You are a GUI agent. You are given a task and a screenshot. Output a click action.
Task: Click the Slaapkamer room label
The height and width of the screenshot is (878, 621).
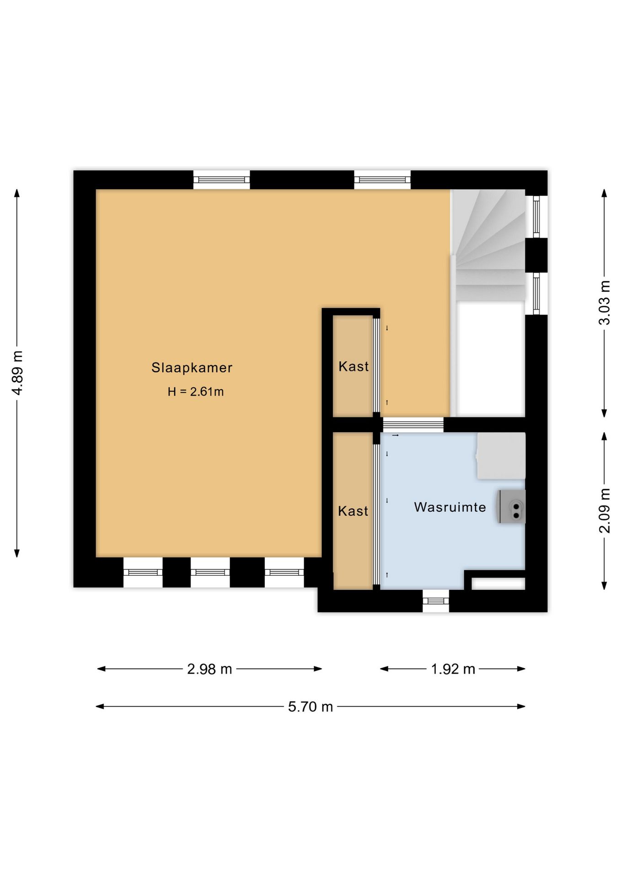click(x=192, y=368)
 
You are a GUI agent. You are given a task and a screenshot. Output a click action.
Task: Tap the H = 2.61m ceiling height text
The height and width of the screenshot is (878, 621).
click(x=196, y=391)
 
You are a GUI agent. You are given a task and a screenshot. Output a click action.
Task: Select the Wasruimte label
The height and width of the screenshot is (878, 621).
click(x=450, y=507)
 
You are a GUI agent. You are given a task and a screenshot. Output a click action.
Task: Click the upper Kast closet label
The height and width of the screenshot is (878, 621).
click(x=353, y=366)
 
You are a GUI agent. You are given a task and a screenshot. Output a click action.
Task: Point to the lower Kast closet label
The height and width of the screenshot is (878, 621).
click(x=353, y=511)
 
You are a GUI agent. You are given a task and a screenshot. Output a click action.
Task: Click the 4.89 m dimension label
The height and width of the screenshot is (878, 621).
click(x=17, y=373)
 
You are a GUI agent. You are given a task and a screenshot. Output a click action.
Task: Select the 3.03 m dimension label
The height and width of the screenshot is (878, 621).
click(x=604, y=303)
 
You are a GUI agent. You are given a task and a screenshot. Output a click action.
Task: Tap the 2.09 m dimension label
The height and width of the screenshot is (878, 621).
click(x=604, y=511)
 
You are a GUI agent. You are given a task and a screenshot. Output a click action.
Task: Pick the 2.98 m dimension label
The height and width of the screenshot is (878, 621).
click(x=209, y=669)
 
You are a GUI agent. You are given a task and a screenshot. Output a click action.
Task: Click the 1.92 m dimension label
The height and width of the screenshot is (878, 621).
click(x=453, y=669)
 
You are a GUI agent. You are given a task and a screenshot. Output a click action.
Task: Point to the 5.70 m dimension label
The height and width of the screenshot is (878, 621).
click(x=310, y=707)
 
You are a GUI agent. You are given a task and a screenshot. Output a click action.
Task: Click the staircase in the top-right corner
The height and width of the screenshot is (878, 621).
click(x=488, y=245)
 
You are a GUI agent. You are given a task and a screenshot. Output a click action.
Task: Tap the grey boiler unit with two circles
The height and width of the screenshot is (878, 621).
click(x=512, y=507)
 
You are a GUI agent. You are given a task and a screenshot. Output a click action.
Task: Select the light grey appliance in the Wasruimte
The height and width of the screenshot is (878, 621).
click(x=501, y=456)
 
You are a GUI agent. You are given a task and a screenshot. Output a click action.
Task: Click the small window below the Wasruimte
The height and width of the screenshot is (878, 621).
click(x=436, y=601)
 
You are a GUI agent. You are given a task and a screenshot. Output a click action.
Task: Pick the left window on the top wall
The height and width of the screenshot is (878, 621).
click(x=221, y=180)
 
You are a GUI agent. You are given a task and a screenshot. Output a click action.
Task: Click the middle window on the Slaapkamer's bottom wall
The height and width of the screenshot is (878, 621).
click(x=210, y=572)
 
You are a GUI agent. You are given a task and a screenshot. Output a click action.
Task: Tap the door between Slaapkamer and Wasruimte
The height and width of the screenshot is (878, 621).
click(x=413, y=425)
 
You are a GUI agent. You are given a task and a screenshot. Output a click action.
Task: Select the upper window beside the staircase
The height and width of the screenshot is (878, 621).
click(x=536, y=217)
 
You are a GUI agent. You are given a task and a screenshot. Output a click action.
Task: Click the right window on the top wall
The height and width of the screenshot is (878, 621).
click(x=382, y=180)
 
